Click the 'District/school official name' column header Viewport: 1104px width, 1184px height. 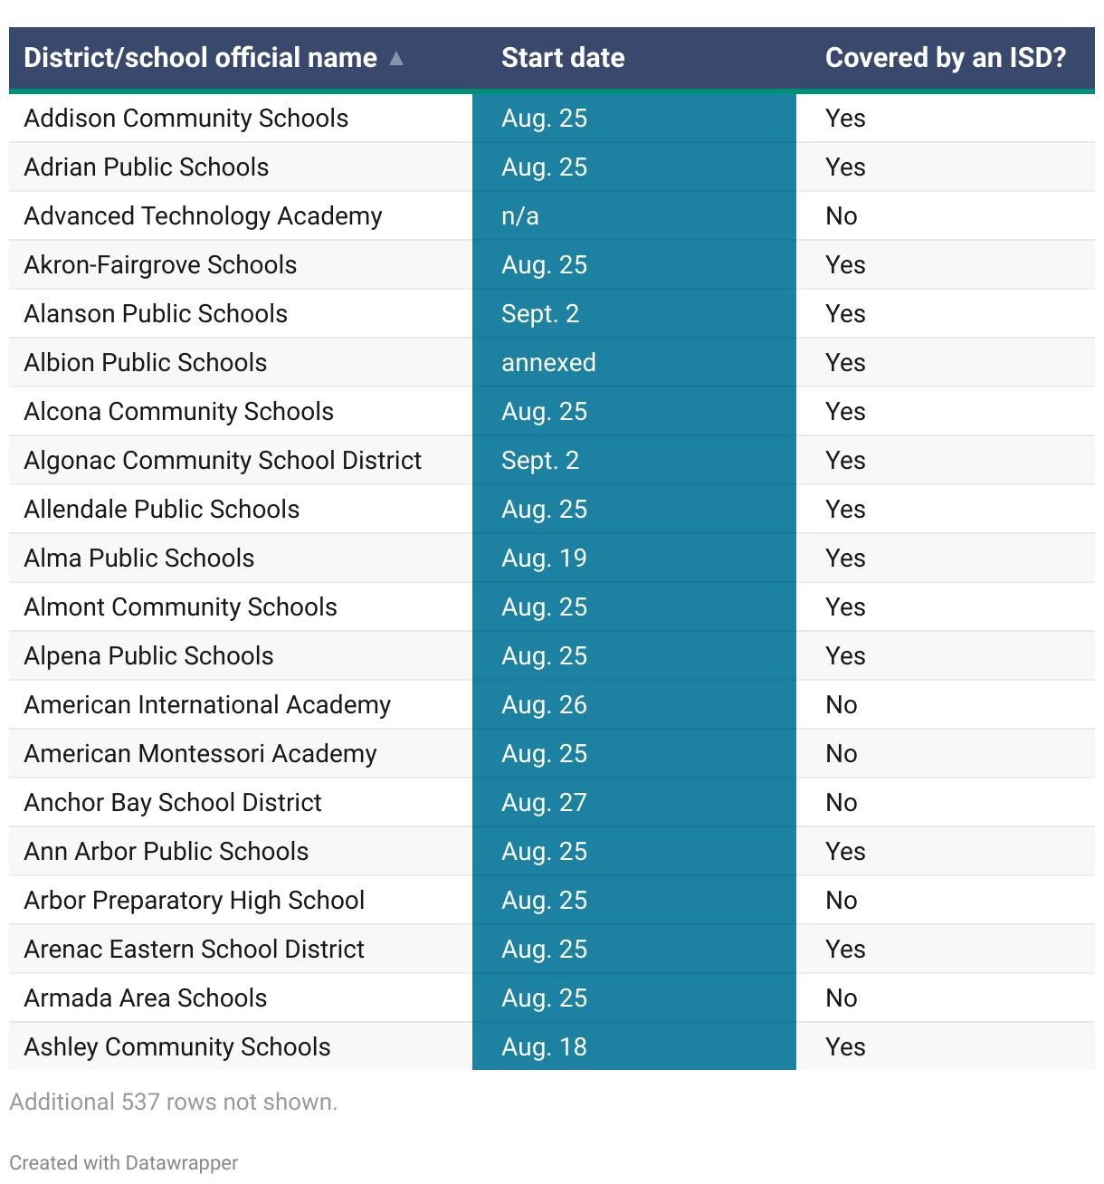200,58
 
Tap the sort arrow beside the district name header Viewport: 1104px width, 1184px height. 395,58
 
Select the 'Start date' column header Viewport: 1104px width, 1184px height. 563,58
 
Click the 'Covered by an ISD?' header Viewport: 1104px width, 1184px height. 946,58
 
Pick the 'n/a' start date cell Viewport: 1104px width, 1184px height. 520,216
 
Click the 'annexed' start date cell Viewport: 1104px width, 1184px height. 548,363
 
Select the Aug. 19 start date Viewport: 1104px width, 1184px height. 544,559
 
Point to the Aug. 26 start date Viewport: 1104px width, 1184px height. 544,705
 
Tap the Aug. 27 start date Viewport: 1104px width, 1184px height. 544,803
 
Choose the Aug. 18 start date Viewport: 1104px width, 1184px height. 544,1047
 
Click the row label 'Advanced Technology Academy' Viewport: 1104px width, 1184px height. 203,216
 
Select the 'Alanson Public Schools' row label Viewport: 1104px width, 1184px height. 156,314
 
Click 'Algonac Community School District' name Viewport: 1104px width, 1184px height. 223,461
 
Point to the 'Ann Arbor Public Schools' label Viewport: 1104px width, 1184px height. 167,852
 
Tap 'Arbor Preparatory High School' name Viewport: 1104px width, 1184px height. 195,901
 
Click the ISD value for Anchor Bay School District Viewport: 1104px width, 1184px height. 842,803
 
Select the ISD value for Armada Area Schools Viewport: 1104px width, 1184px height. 842,998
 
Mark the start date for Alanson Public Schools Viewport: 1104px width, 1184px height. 540,314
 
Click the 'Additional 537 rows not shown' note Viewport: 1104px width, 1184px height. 174,1102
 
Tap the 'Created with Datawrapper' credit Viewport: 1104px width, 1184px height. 124,1163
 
